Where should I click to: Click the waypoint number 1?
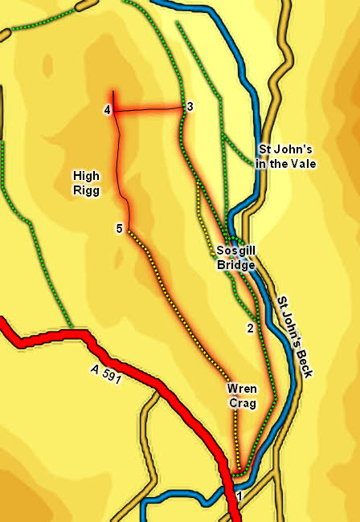pyautogui.click(x=239, y=495)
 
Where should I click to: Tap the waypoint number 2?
pyautogui.click(x=250, y=328)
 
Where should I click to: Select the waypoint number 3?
pyautogui.click(x=190, y=107)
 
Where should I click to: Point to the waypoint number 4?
pyautogui.click(x=107, y=110)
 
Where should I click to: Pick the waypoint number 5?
pyautogui.click(x=119, y=229)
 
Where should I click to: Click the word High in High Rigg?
pyautogui.click(x=86, y=175)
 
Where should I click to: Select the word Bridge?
pyautogui.click(x=236, y=265)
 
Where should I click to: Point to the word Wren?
pyautogui.click(x=242, y=389)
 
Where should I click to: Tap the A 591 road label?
pyautogui.click(x=102, y=373)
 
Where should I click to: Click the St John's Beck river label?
pyautogui.click(x=296, y=336)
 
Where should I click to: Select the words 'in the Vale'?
pyautogui.click(x=287, y=163)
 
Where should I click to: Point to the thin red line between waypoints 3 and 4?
pyautogui.click(x=149, y=108)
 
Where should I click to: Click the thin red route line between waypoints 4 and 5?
pyautogui.click(x=121, y=161)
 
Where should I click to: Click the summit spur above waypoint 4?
pyautogui.click(x=113, y=98)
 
